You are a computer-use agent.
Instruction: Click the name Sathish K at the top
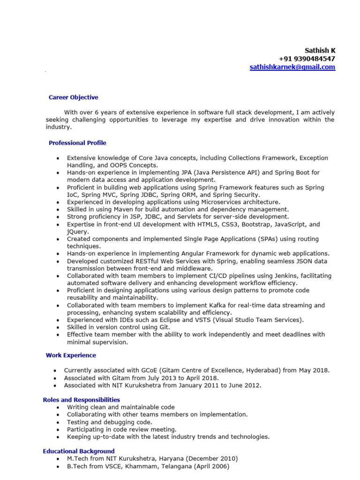320,50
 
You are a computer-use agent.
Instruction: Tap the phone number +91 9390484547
307,59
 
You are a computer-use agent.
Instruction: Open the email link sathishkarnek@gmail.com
292,67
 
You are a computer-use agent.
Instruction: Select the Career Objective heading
74,97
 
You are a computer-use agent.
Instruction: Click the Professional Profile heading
77,143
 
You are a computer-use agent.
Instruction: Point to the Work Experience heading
71,355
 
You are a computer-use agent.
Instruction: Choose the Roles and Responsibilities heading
81,400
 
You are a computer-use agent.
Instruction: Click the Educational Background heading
78,451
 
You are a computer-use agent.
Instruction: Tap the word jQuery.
78,232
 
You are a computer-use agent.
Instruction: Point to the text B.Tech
77,466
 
